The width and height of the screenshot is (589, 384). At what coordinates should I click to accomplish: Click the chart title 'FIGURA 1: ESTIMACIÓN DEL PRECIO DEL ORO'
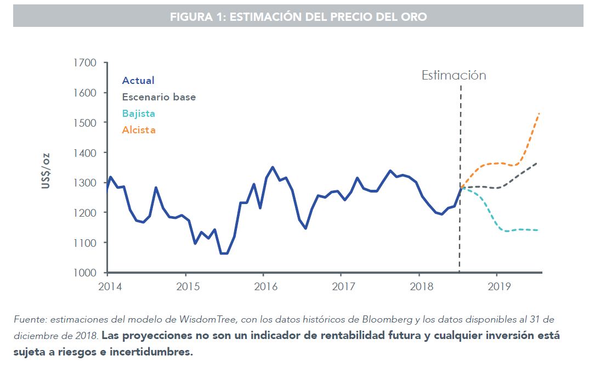(298, 17)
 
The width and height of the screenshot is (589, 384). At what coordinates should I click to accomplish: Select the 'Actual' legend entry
(138, 81)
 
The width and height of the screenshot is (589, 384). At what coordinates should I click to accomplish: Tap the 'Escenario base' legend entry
(158, 97)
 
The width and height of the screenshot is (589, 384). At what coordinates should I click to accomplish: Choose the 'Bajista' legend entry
(138, 114)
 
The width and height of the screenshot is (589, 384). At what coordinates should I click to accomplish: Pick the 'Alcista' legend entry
(139, 130)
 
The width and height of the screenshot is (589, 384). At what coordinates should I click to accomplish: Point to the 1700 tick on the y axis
(85, 63)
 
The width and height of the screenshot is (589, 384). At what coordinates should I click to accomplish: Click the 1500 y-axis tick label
(85, 123)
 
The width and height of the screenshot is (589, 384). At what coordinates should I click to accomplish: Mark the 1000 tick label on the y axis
(85, 273)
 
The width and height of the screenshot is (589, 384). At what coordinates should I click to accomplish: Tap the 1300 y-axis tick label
(85, 183)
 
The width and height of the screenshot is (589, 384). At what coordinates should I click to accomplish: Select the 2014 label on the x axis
(107, 286)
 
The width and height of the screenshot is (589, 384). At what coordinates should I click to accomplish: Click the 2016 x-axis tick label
(263, 286)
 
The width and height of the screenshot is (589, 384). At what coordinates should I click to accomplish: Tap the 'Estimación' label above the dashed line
(454, 76)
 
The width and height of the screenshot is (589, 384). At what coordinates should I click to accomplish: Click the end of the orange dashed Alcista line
(540, 114)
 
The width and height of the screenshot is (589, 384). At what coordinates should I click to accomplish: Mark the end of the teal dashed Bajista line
(537, 230)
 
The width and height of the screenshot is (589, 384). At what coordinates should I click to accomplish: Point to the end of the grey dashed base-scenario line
(536, 163)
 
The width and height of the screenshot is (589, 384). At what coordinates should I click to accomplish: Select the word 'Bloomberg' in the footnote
(392, 319)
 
